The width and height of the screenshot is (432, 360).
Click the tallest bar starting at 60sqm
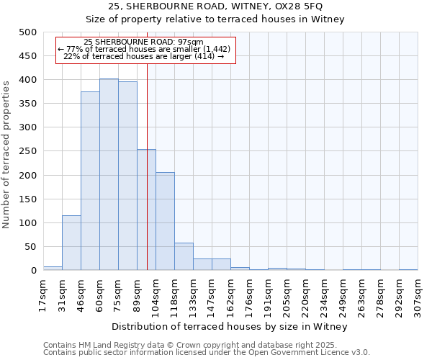click(x=109, y=174)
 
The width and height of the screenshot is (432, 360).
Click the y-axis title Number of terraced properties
click(x=7, y=155)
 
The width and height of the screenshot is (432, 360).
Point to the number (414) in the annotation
click(x=204, y=56)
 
